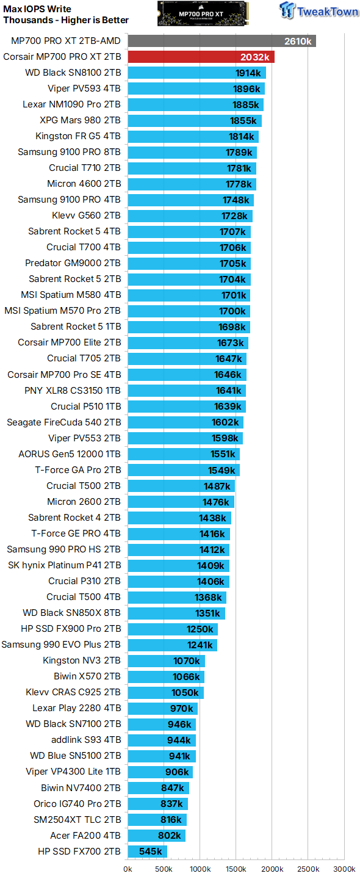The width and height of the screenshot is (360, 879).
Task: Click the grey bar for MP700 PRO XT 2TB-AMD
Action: [x=221, y=41]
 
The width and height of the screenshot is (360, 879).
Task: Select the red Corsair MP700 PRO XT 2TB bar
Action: [x=201, y=57]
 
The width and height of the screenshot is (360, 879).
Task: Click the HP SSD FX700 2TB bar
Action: [x=147, y=852]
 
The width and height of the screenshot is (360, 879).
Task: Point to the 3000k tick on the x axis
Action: [x=344, y=869]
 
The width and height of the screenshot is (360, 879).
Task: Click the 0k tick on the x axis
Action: [x=128, y=869]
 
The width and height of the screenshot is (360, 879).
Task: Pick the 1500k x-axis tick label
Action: [x=236, y=869]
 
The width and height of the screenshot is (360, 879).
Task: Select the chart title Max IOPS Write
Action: [x=37, y=9]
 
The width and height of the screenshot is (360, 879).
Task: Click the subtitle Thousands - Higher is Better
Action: [x=66, y=20]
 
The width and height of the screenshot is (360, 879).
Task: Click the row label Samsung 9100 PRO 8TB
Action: [x=69, y=152]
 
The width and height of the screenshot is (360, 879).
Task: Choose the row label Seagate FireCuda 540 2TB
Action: [x=63, y=422]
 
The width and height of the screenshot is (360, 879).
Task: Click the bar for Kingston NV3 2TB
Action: [x=166, y=660]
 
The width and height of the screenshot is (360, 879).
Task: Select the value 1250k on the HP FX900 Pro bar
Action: [x=200, y=629]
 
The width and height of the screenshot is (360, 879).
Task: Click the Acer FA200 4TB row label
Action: [x=85, y=836]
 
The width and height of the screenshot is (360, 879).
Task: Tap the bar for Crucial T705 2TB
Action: [x=187, y=358]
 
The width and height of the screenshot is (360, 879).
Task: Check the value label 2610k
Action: [x=298, y=41]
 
